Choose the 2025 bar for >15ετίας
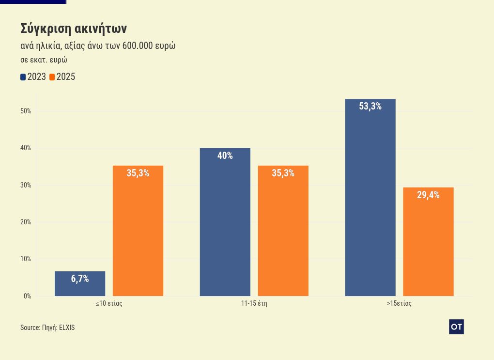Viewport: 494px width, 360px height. [429, 242]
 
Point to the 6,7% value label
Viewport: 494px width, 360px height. [80, 279]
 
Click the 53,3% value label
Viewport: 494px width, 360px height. [370, 107]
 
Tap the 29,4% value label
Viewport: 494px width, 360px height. [429, 195]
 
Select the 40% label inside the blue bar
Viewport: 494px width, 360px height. [225, 156]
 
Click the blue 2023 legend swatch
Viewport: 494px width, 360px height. [23, 77]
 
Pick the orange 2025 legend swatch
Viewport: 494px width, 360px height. [52, 77]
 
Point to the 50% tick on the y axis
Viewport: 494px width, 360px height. [26, 111]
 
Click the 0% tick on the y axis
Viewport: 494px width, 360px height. [27, 296]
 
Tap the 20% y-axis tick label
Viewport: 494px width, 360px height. [26, 222]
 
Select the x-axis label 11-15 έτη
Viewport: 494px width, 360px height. [254, 304]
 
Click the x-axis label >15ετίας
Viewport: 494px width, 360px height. [399, 304]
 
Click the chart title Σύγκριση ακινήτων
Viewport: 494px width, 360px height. [74, 29]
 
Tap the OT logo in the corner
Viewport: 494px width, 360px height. [456, 327]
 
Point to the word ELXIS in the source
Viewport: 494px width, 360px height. [67, 328]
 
